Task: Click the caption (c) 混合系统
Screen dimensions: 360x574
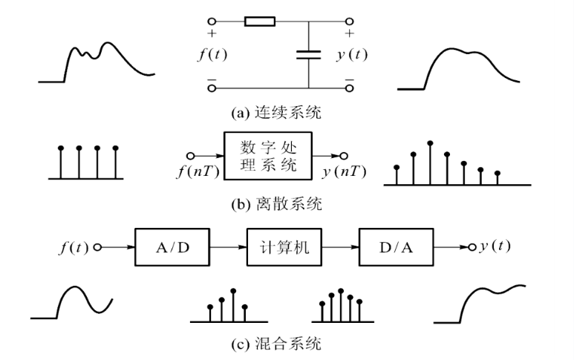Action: coord(287,344)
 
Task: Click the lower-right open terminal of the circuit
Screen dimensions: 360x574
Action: coord(349,88)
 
